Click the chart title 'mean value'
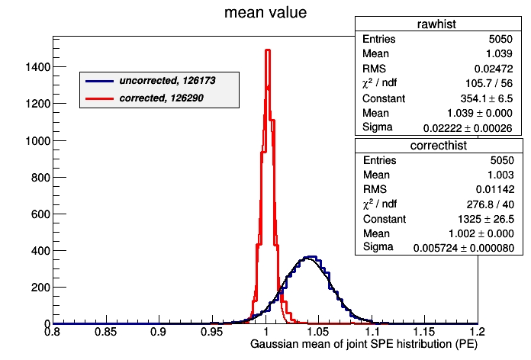(x=265, y=13)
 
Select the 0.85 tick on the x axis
(x=105, y=333)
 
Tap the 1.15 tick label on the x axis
(x=425, y=333)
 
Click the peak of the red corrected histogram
(x=267, y=50)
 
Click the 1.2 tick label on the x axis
(x=477, y=333)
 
